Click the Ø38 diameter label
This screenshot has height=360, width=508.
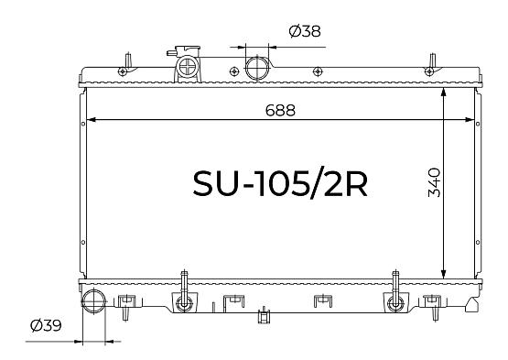pyautogui.click(x=305, y=31)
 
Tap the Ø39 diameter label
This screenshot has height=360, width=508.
pyautogui.click(x=46, y=325)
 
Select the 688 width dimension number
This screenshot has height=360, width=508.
pyautogui.click(x=280, y=110)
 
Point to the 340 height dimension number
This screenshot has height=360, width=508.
pyautogui.click(x=435, y=182)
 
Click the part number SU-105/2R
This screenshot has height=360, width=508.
pyautogui.click(x=280, y=184)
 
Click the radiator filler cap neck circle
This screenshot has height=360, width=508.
pyautogui.click(x=188, y=67)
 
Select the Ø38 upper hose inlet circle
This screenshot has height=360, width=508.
pyautogui.click(x=257, y=68)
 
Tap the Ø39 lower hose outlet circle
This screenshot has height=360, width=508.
pyautogui.click(x=93, y=301)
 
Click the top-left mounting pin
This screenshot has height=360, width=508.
pyautogui.click(x=128, y=60)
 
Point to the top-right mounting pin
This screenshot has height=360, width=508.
pyautogui.click(x=433, y=60)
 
